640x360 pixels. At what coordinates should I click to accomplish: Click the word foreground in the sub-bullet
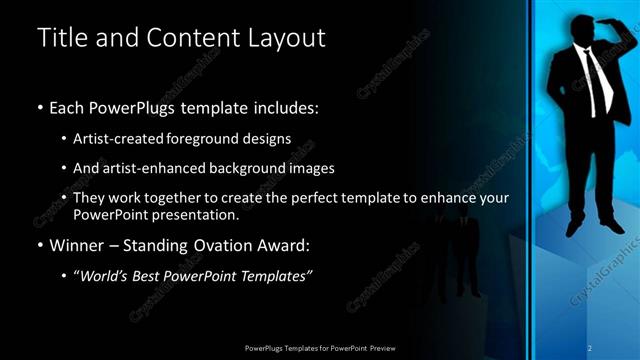219,139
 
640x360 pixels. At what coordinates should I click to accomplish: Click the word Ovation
215,243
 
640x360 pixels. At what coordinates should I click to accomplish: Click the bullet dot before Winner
40,244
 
